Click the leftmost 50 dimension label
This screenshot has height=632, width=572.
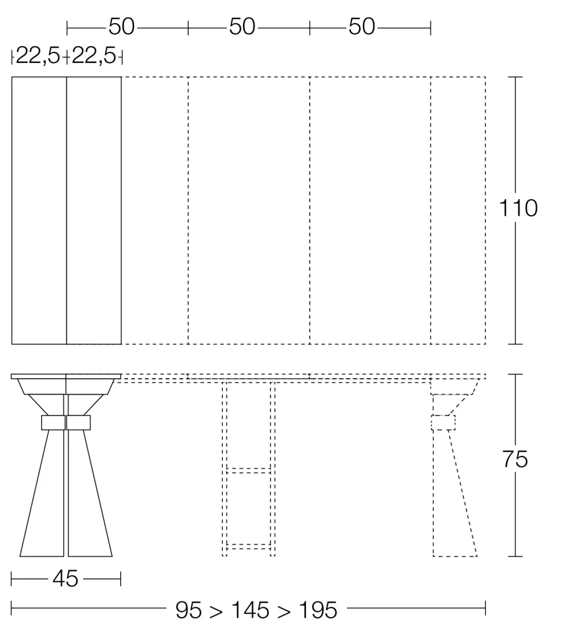pyautogui.click(x=121, y=27)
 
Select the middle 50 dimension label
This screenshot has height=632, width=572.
pyautogui.click(x=242, y=27)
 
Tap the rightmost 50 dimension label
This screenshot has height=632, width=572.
pyautogui.click(x=362, y=27)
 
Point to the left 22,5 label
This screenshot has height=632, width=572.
pyautogui.click(x=38, y=55)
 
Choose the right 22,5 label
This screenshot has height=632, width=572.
pyautogui.click(x=94, y=55)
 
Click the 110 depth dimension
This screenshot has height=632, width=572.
pyautogui.click(x=518, y=209)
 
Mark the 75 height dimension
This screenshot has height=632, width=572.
pyautogui.click(x=515, y=459)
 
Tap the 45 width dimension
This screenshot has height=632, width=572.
pyautogui.click(x=65, y=579)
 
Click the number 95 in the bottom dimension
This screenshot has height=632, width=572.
pyautogui.click(x=189, y=610)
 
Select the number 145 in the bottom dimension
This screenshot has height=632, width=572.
pyautogui.click(x=250, y=610)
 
